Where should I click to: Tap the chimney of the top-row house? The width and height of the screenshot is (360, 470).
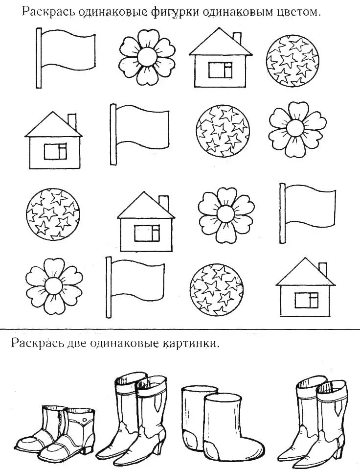click(237, 39)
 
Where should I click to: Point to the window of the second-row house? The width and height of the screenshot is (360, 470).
click(55, 152)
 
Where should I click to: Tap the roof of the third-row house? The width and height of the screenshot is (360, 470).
click(145, 206)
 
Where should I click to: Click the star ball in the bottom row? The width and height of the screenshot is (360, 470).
click(216, 287)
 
